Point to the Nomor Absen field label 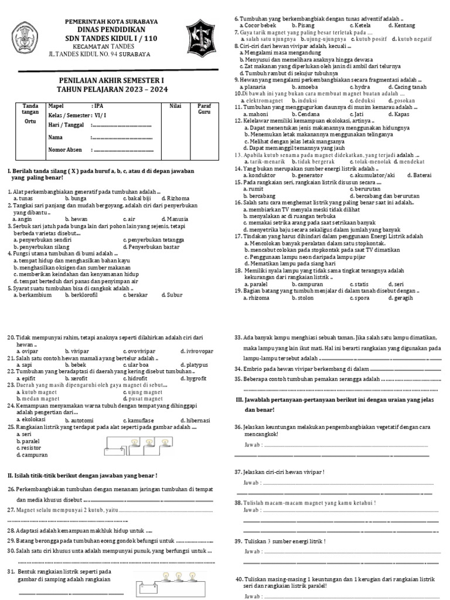click(64, 150)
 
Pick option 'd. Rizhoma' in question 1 click(174, 199)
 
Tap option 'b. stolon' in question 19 click(308, 298)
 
